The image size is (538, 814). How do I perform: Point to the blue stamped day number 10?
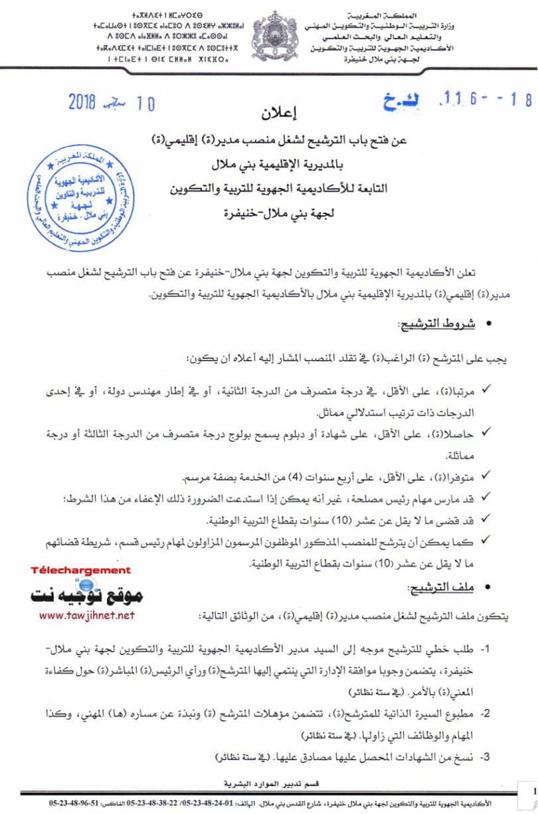pyautogui.click(x=145, y=103)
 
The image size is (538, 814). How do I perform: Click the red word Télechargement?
pyautogui.click(x=81, y=570)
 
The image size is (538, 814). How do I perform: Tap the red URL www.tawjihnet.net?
pyautogui.click(x=87, y=616)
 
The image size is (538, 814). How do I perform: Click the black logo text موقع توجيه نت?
pyautogui.click(x=87, y=594)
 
